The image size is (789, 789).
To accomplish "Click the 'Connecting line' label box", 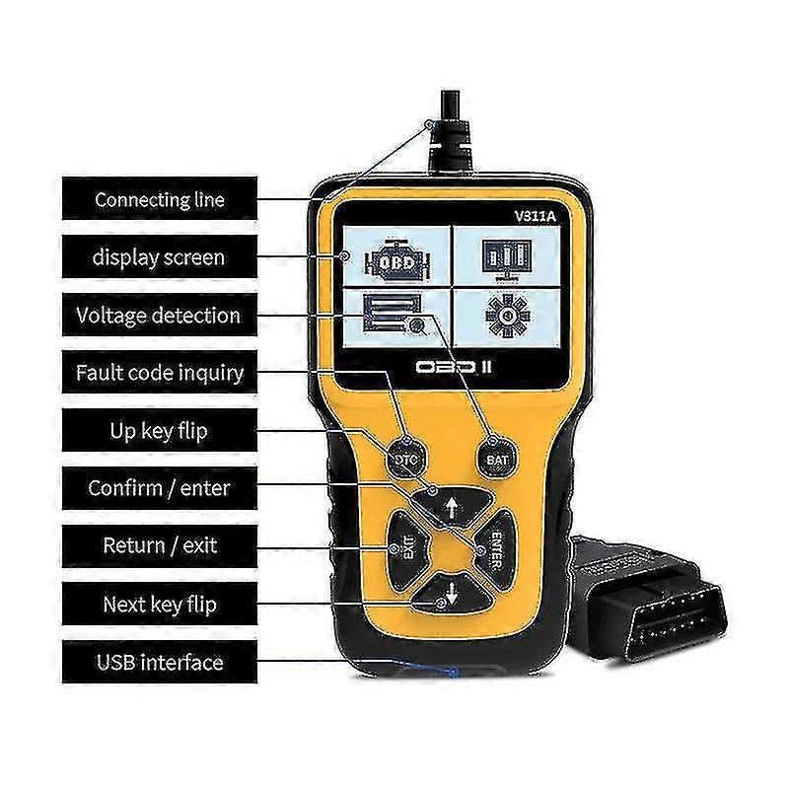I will pyautogui.click(x=160, y=199).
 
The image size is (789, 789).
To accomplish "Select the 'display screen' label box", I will pyautogui.click(x=160, y=257).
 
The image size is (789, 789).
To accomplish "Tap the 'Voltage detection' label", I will pyautogui.click(x=160, y=316).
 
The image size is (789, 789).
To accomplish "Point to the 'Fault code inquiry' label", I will pyautogui.click(x=160, y=373).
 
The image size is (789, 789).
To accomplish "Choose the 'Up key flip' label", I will pyautogui.click(x=160, y=431).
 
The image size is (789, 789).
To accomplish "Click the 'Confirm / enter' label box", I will pyautogui.click(x=160, y=488).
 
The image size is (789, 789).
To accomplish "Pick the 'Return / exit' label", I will pyautogui.click(x=160, y=545).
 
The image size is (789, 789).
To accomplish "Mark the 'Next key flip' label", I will pyautogui.click(x=160, y=604).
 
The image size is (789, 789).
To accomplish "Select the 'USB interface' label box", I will pyautogui.click(x=160, y=662).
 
